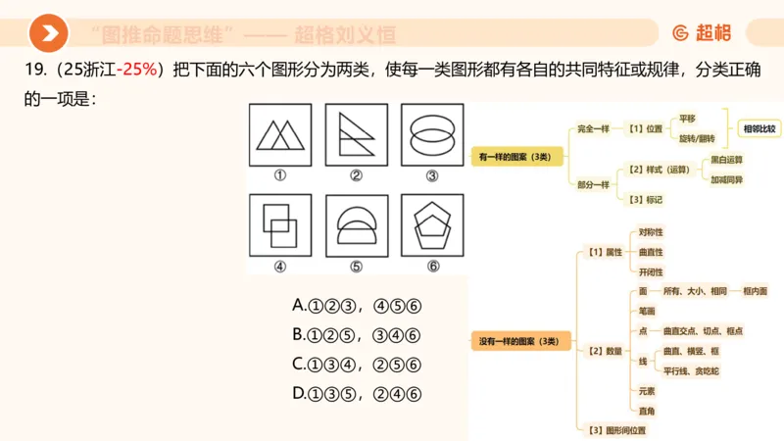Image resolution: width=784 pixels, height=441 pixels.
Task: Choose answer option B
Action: (357, 334)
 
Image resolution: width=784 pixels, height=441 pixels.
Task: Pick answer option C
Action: (357, 364)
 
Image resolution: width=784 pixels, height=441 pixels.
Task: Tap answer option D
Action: (357, 393)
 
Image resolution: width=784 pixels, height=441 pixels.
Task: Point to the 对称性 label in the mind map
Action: (651, 232)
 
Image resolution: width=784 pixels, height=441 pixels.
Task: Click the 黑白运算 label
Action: (726, 159)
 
